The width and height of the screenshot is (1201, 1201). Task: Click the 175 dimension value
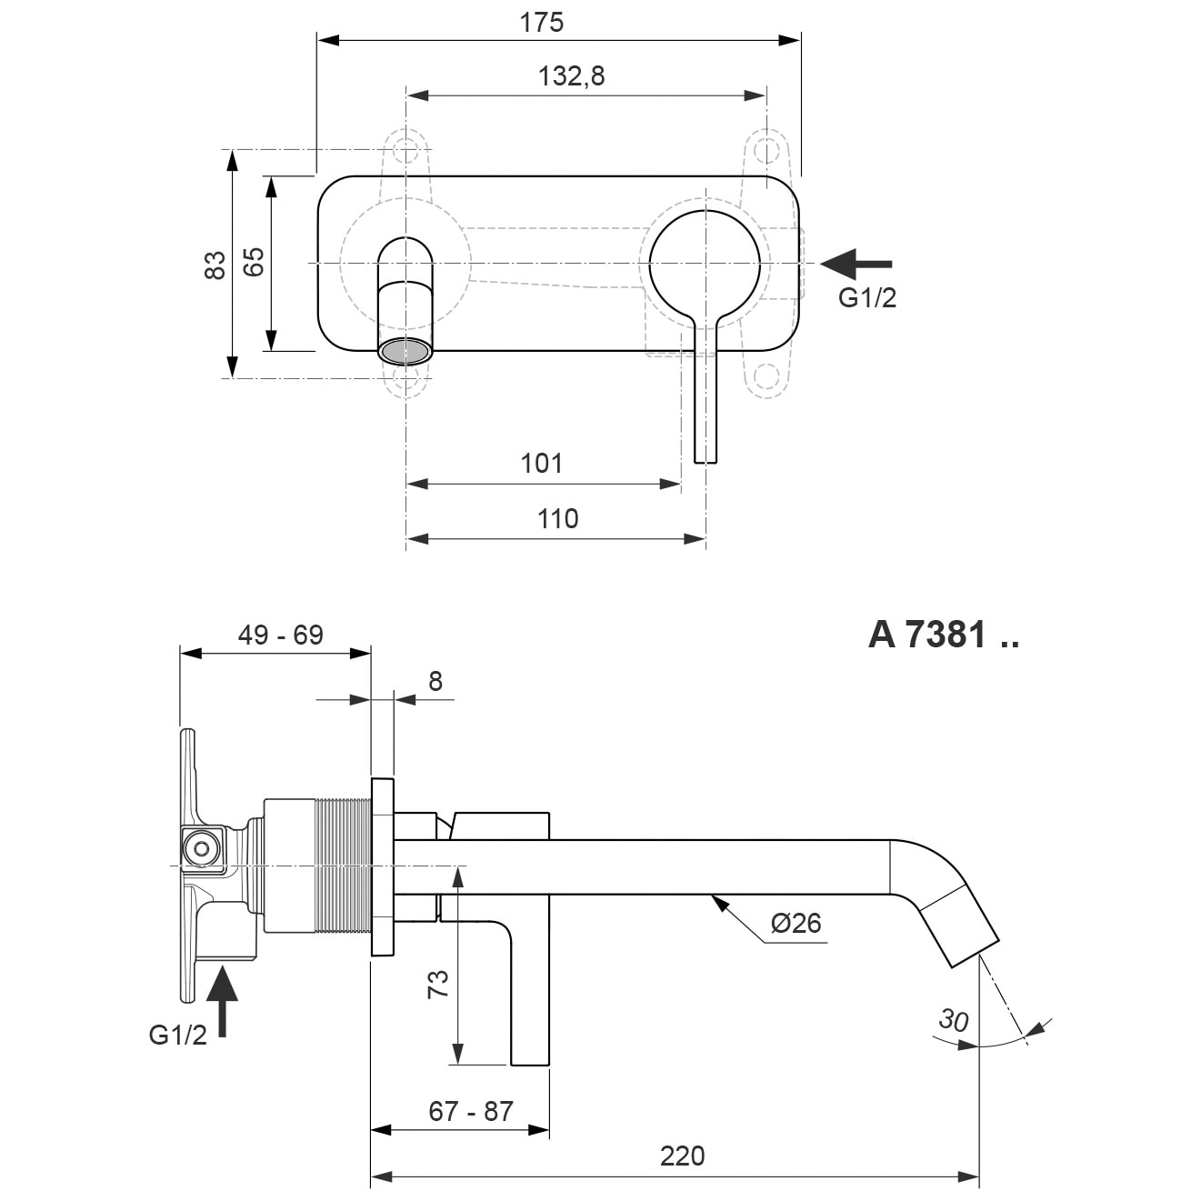coord(541,23)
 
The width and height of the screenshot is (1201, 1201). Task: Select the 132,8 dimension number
coord(571,76)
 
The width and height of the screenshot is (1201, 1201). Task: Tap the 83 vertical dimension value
coord(215,265)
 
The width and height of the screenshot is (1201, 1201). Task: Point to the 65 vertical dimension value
coord(254,262)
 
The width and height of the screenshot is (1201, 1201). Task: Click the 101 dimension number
coord(541,463)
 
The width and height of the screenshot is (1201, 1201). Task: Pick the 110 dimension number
coord(557,518)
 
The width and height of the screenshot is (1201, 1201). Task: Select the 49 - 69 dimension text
coord(280,636)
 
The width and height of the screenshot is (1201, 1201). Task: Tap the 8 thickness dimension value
coord(435,681)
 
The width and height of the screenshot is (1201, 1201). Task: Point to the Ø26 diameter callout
coord(796,923)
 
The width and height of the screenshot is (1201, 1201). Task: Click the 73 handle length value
coord(438,984)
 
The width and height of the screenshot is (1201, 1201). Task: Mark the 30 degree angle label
coord(953,1020)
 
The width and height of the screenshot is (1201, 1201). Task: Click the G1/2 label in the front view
coord(867,298)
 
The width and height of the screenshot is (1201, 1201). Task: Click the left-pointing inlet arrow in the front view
coord(856,264)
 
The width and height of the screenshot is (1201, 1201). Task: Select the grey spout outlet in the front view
coord(405,351)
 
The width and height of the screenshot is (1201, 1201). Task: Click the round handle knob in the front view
coord(705,265)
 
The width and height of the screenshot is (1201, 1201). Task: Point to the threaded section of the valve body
coord(341,866)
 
